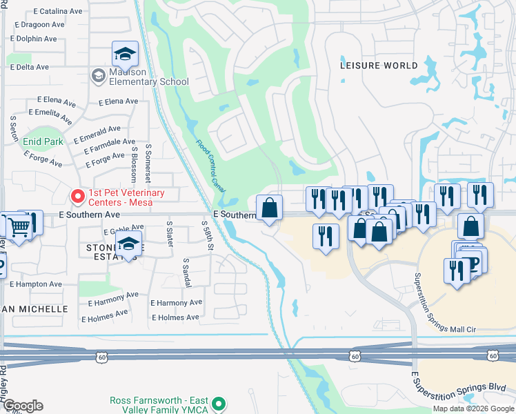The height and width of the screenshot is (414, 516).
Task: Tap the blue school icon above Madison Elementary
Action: pyautogui.click(x=126, y=54)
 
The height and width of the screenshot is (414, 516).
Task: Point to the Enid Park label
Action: pyautogui.click(x=43, y=141)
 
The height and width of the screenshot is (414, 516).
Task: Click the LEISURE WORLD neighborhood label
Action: pyautogui.click(x=379, y=66)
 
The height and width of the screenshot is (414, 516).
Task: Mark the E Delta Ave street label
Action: pyautogui.click(x=30, y=67)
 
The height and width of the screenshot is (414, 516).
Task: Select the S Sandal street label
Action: pyautogui.click(x=186, y=273)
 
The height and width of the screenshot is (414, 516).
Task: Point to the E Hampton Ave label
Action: pyautogui.click(x=33, y=284)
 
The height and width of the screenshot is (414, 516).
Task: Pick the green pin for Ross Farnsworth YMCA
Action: pyautogui.click(x=219, y=404)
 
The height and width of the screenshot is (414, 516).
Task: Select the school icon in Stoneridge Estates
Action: pyautogui.click(x=128, y=245)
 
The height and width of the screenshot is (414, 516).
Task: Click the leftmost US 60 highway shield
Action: pyautogui.click(x=102, y=356)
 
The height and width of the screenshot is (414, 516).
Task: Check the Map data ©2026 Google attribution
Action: pyautogui.click(x=473, y=408)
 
